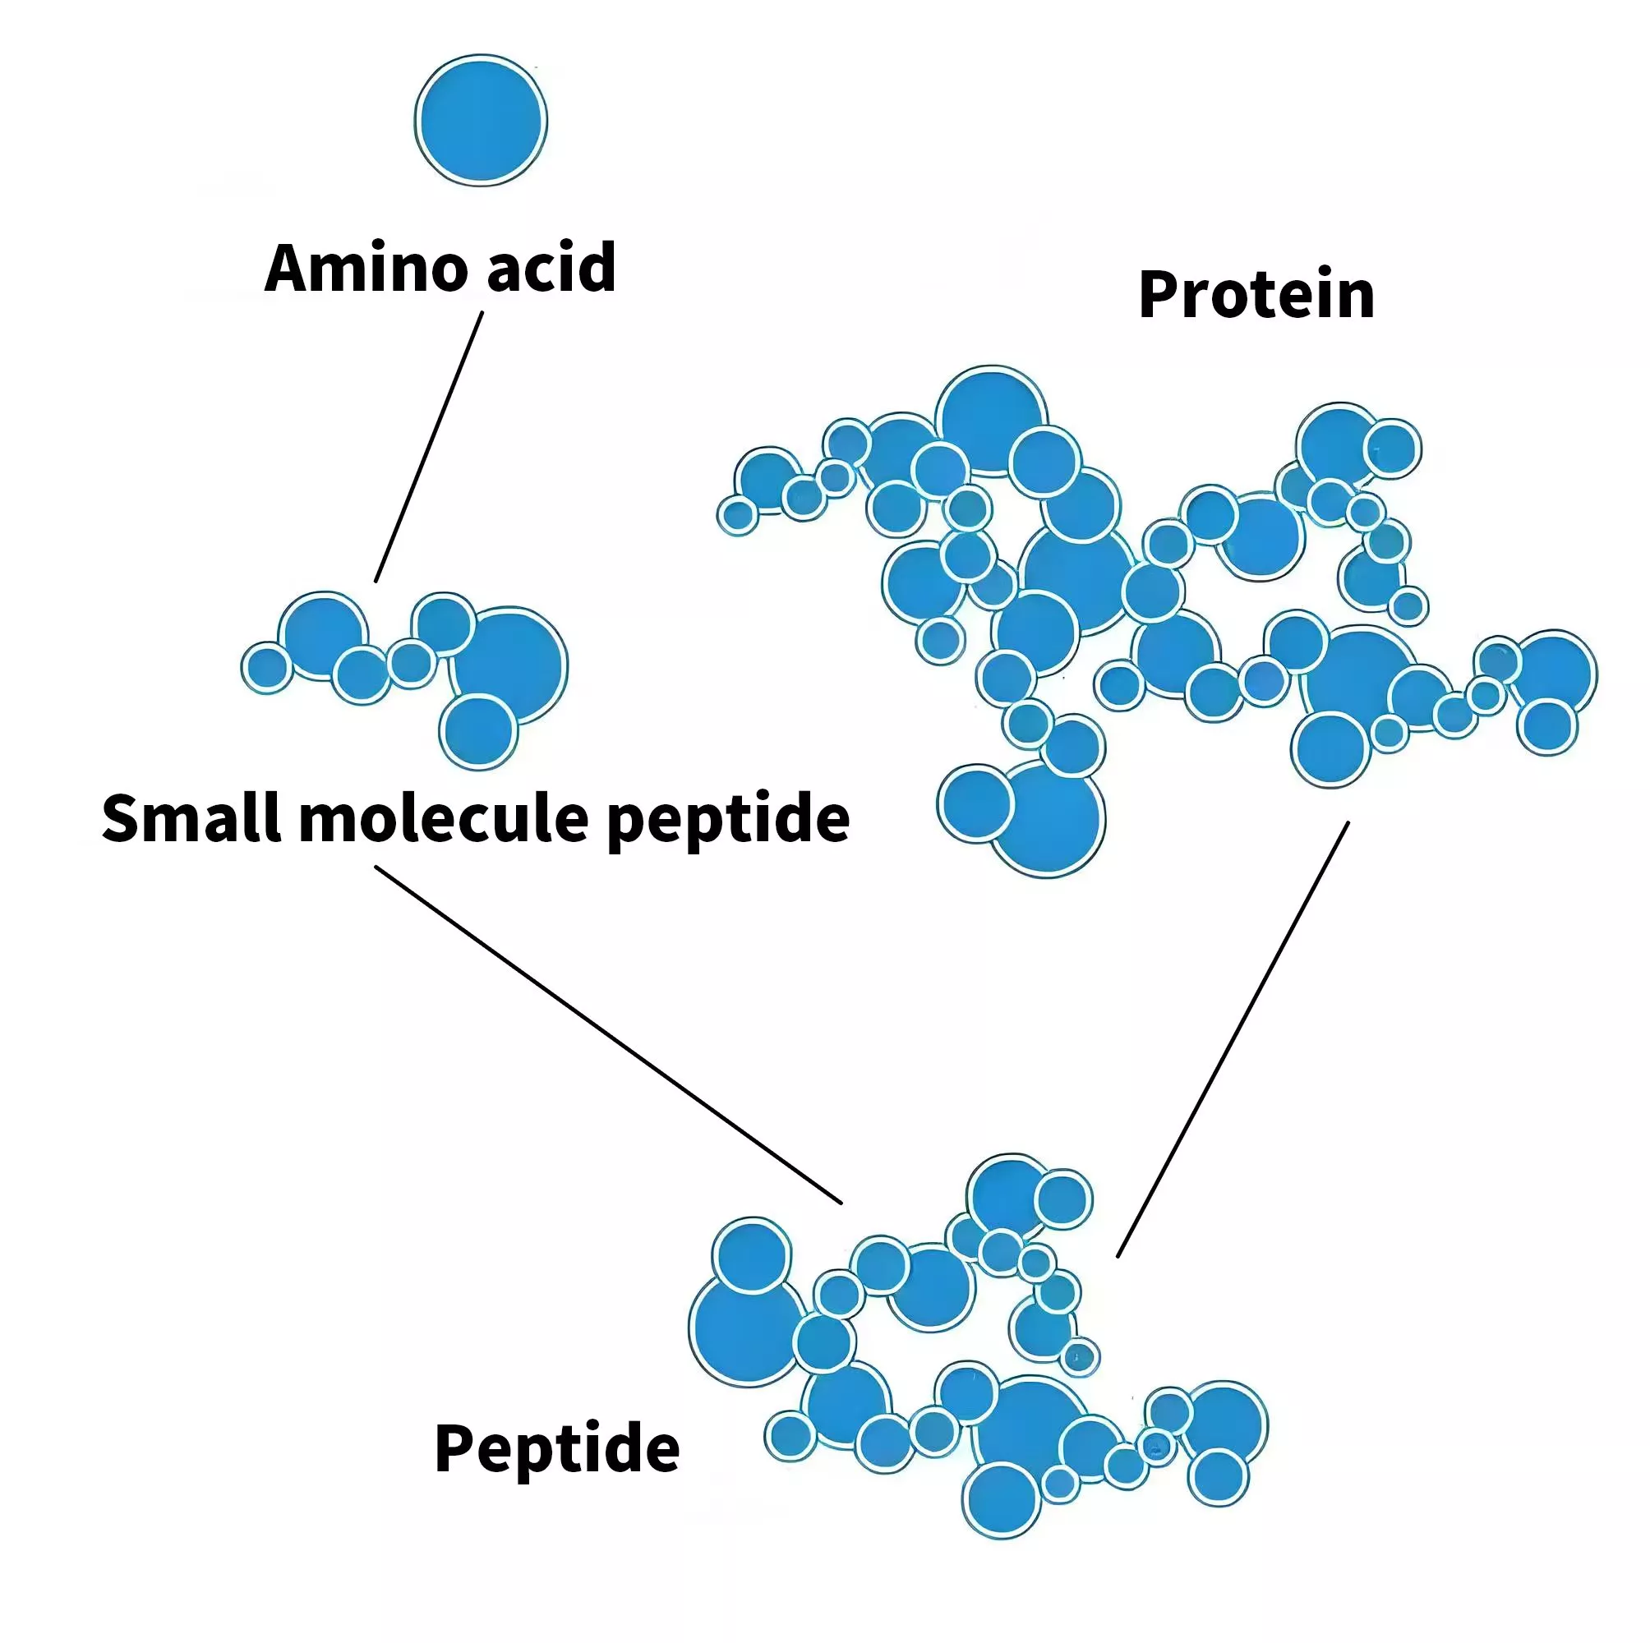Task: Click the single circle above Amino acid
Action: (x=481, y=121)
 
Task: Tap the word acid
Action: (x=551, y=267)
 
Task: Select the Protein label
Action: (x=1256, y=295)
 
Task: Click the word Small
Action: (x=193, y=818)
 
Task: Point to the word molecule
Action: (x=444, y=818)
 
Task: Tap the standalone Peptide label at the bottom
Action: (x=557, y=1448)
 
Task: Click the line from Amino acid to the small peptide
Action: (x=429, y=447)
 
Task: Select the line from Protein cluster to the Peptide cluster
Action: (x=1233, y=1040)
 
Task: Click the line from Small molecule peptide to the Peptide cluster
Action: (x=608, y=1035)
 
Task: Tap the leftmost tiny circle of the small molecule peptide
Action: (x=267, y=667)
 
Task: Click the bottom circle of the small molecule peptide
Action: (x=479, y=732)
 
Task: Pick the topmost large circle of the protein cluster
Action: (x=992, y=421)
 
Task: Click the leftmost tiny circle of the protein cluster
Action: (x=738, y=515)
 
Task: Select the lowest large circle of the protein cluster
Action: (x=1047, y=819)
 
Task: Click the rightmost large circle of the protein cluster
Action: (x=1554, y=674)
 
